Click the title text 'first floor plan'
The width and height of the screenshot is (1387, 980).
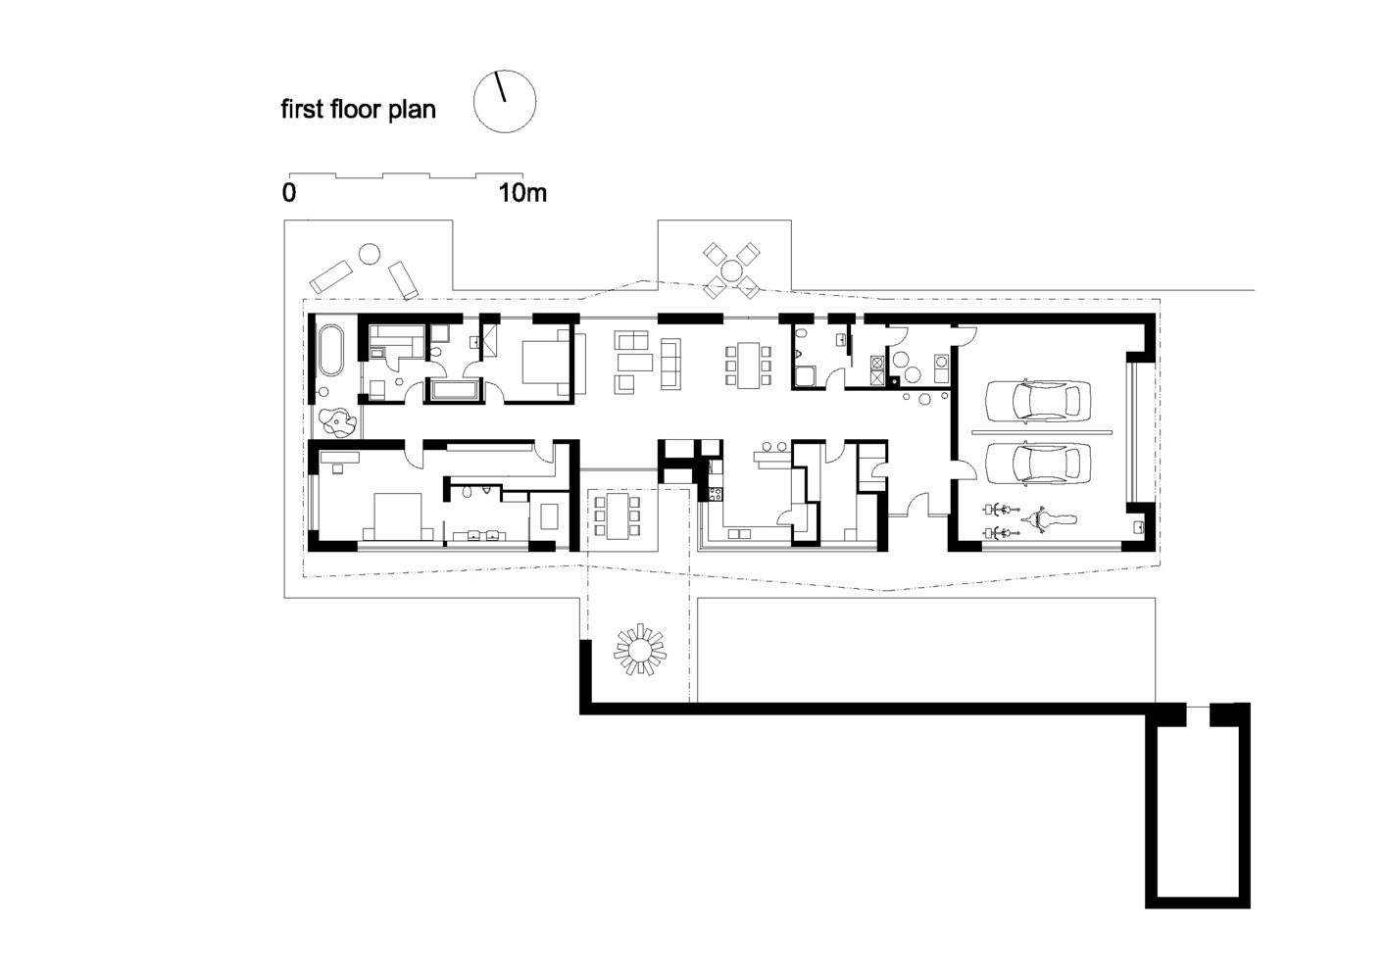[358, 109]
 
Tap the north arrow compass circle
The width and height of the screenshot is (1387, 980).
[505, 101]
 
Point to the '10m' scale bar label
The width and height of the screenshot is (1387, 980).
[522, 193]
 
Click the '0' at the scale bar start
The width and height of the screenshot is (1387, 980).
[289, 193]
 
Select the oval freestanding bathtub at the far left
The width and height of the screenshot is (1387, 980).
[329, 351]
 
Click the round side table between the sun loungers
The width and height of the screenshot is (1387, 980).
[369, 254]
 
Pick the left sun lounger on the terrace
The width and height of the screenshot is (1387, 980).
[331, 272]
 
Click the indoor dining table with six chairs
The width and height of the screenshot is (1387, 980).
[749, 365]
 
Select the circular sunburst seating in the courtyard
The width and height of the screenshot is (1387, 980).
[639, 649]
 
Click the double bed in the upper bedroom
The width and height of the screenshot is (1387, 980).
[542, 363]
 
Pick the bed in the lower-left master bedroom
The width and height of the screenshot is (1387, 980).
[397, 516]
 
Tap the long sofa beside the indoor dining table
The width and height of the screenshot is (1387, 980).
[671, 364]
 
